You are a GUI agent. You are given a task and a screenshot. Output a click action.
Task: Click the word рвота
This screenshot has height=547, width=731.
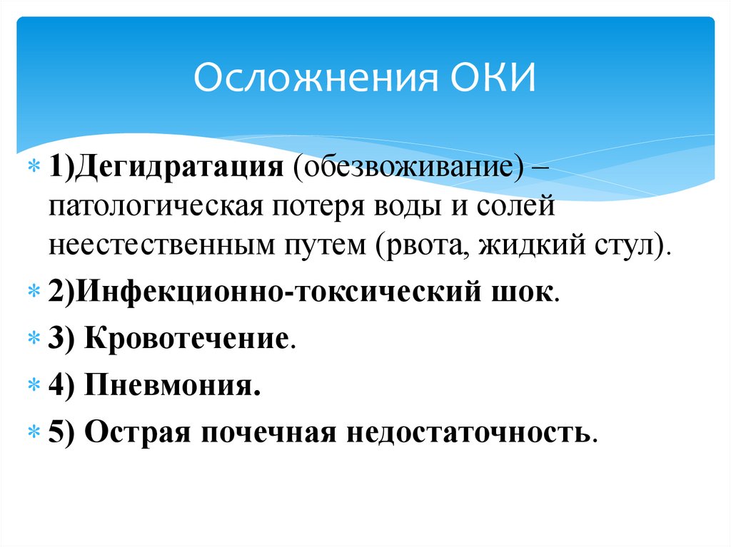417,245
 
